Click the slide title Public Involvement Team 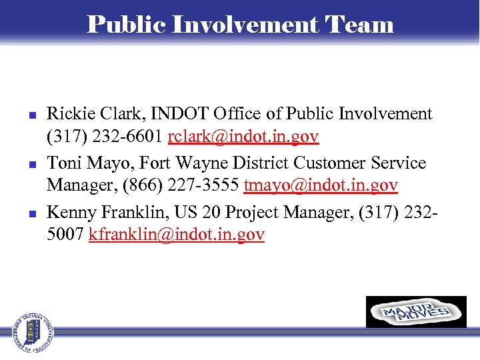(x=240, y=24)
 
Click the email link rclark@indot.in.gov (x=243, y=137)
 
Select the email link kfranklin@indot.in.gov (x=177, y=235)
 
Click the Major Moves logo (x=416, y=312)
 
